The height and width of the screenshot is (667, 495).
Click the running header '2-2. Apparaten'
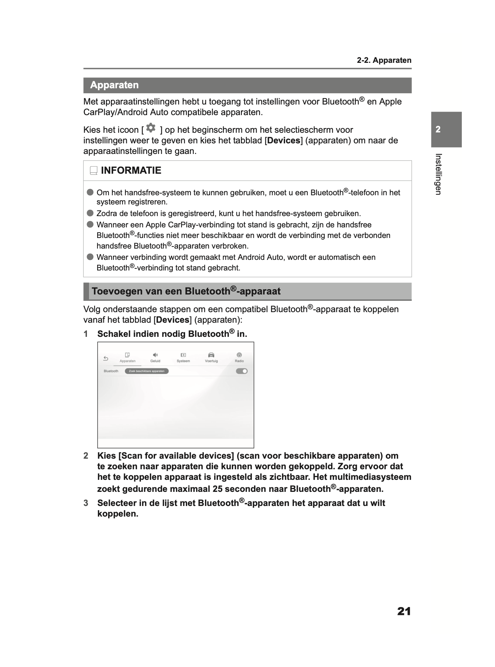[x=384, y=60]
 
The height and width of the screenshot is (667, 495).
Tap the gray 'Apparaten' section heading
[x=114, y=85]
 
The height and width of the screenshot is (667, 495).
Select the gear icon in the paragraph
[x=151, y=128]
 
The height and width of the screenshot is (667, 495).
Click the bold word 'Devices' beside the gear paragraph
[x=284, y=141]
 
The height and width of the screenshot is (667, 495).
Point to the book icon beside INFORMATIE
[x=93, y=171]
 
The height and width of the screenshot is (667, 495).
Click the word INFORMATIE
[x=131, y=171]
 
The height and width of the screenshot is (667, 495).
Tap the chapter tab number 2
[x=438, y=129]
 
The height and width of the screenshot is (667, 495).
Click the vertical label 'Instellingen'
[x=438, y=174]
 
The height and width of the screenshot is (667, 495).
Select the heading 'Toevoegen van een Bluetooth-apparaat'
[x=186, y=291]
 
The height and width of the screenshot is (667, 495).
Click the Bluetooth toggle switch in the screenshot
[x=242, y=371]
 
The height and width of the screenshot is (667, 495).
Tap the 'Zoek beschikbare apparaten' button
[x=147, y=371]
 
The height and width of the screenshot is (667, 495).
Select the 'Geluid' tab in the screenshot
[x=155, y=357]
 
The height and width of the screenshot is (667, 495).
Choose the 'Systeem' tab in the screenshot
[x=183, y=357]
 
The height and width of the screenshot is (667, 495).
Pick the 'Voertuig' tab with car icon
[x=211, y=357]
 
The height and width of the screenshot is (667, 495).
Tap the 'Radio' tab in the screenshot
[x=239, y=357]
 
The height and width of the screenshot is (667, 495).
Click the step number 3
[x=86, y=503]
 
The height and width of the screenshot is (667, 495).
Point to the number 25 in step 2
[x=218, y=489]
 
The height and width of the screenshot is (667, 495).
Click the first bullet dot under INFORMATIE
[x=90, y=192]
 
